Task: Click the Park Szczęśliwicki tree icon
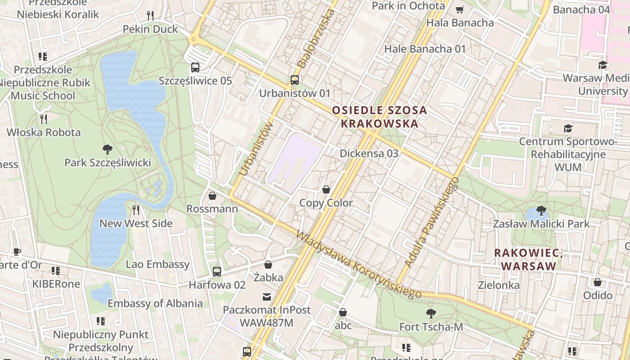[x=107, y=149]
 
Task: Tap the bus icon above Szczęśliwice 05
[x=195, y=67]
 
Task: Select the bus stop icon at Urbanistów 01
[x=294, y=80]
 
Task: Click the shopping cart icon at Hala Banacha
[x=459, y=9]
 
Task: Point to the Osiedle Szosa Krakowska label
[x=379, y=117]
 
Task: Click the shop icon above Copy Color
[x=326, y=190]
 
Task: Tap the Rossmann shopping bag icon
[x=212, y=196]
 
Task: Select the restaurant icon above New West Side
[x=136, y=210]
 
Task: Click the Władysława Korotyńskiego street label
[x=358, y=265]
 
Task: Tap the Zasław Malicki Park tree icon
[x=541, y=211]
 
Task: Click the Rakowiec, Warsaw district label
[x=528, y=259]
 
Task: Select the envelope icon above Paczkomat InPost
[x=267, y=297]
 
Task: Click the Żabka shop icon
[x=268, y=265]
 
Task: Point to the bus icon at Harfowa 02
[x=217, y=271]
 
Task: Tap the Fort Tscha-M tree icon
[x=431, y=313]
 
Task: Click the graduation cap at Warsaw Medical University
[x=603, y=65]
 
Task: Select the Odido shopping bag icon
[x=598, y=282]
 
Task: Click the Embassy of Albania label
[x=155, y=303]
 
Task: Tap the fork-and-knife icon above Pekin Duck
[x=150, y=16]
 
